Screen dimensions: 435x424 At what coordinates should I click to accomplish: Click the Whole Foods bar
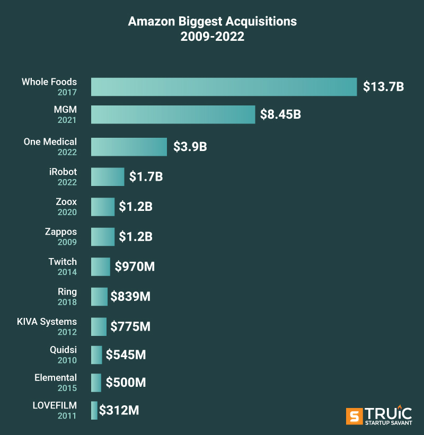click(x=224, y=87)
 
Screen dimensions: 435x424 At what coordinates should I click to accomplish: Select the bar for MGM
click(x=173, y=114)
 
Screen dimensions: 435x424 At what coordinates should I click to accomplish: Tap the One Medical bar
click(x=129, y=147)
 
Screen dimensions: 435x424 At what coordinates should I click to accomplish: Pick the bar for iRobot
click(x=108, y=176)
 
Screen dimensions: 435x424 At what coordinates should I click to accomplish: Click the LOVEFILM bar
click(x=94, y=411)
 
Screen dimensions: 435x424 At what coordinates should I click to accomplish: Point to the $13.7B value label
click(x=383, y=87)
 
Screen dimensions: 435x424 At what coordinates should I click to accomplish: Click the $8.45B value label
click(x=280, y=114)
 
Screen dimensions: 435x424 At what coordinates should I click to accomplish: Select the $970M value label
click(x=134, y=267)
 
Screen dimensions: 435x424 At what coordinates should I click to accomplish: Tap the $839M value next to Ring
click(x=130, y=297)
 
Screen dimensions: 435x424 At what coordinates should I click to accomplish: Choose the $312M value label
click(x=119, y=410)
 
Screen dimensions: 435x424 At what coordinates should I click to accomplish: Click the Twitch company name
click(x=63, y=262)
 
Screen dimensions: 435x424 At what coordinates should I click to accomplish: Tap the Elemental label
click(x=56, y=378)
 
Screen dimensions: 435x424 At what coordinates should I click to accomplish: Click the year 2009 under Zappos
click(x=67, y=242)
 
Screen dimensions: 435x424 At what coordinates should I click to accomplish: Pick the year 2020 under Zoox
click(x=67, y=212)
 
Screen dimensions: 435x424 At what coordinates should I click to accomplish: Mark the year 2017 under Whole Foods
click(x=67, y=93)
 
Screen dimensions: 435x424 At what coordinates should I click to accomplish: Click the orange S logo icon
click(x=354, y=416)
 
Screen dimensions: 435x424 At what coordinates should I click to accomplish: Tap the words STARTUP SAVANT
click(x=388, y=422)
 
